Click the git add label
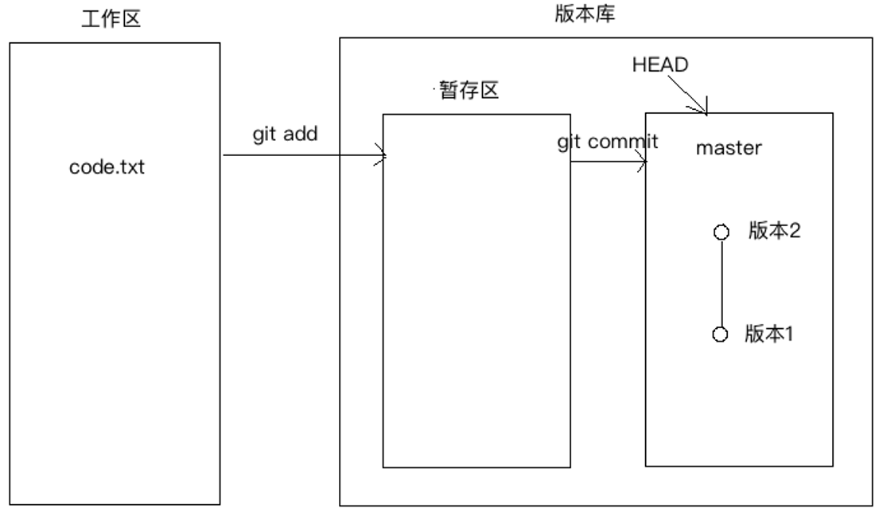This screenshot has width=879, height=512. (x=286, y=134)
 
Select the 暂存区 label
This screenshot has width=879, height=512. (x=469, y=92)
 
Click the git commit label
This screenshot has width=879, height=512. (x=609, y=142)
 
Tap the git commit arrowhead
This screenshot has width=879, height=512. (x=644, y=164)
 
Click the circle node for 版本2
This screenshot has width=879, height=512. (x=721, y=233)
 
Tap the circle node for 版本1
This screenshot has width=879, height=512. (x=721, y=335)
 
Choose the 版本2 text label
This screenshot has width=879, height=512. (x=773, y=231)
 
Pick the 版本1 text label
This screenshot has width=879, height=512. (x=770, y=334)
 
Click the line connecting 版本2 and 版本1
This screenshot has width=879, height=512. (x=721, y=283)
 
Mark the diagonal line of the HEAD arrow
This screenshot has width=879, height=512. (x=689, y=95)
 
